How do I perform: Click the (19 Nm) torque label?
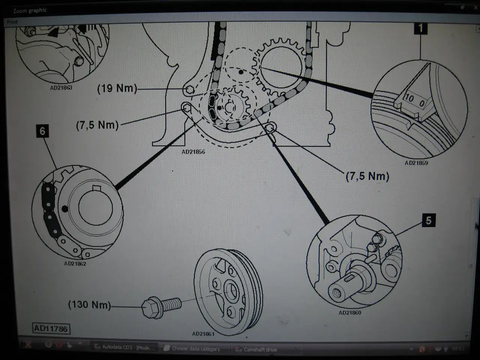[117, 88]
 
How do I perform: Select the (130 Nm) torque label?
[89, 304]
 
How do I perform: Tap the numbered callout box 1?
[421, 28]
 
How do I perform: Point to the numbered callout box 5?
[428, 220]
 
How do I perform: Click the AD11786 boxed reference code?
[51, 329]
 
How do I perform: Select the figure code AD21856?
[193, 152]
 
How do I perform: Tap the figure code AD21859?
[416, 163]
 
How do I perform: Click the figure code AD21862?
[75, 264]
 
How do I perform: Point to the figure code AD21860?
[350, 312]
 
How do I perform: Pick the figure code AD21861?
[203, 334]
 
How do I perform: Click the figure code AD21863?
[61, 88]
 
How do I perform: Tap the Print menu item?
[12, 22]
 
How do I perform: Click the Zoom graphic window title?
[30, 10]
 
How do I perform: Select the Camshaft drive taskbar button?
[260, 349]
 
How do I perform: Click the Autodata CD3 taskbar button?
[127, 348]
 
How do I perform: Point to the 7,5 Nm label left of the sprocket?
[97, 125]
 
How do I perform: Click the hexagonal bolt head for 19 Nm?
[189, 89]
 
